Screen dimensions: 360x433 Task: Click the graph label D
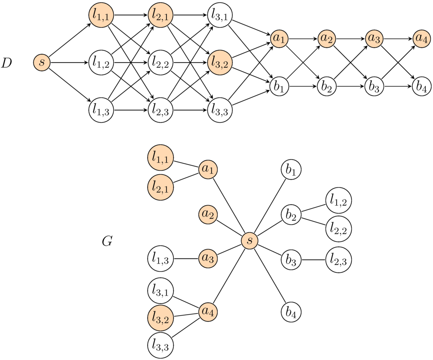[x=7, y=63]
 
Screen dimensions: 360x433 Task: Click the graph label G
[x=107, y=242]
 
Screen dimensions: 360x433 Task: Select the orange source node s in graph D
[x=42, y=63]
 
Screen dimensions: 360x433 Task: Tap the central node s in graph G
[x=250, y=240]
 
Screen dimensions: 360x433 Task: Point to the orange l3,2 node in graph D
[x=219, y=63]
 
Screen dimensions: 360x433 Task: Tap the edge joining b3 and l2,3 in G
[x=313, y=260]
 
